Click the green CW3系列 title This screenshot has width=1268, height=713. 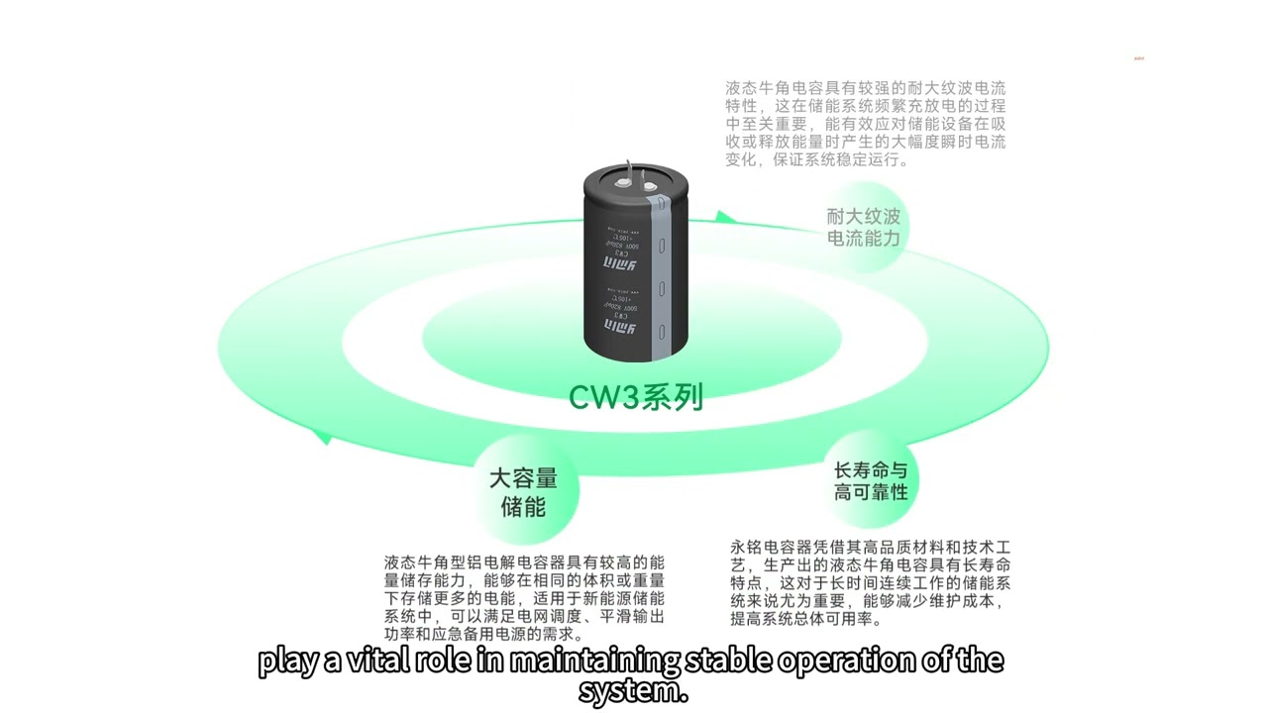click(635, 396)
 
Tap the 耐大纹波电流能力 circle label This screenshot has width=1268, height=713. click(864, 228)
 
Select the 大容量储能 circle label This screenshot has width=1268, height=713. click(523, 493)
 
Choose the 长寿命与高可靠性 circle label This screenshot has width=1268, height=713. click(871, 481)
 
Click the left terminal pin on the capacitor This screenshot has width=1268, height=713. click(625, 179)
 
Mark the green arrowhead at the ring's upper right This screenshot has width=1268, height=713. click(726, 217)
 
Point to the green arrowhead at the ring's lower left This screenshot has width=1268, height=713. click(321, 435)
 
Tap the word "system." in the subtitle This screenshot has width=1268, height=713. click(633, 690)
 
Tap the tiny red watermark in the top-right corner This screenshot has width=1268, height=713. click(1138, 58)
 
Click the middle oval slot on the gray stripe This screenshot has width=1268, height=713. click(662, 292)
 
